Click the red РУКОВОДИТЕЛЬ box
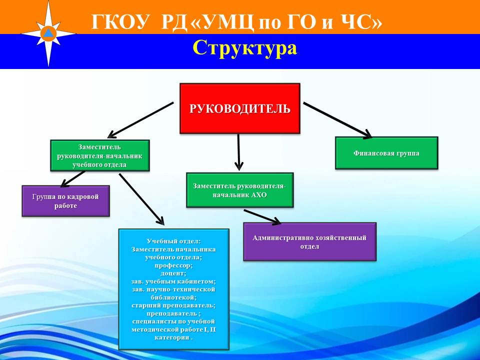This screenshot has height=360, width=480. click(239, 108)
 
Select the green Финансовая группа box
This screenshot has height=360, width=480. click(386, 153)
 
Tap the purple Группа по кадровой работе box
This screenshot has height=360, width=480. click(65, 201)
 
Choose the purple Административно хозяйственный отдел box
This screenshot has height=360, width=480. click(309, 242)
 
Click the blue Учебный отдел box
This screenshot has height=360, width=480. click(173, 289)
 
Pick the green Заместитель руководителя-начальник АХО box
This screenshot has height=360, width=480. click(239, 190)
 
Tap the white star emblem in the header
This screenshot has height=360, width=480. click(48, 33)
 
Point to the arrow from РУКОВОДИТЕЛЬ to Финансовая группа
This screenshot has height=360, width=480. click(337, 120)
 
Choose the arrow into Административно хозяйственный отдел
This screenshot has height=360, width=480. click(262, 216)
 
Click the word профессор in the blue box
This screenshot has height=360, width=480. click(173, 265)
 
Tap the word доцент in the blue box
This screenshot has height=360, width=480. click(173, 273)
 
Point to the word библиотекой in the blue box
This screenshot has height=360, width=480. click(173, 297)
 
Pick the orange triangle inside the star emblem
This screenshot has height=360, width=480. click(48, 33)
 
